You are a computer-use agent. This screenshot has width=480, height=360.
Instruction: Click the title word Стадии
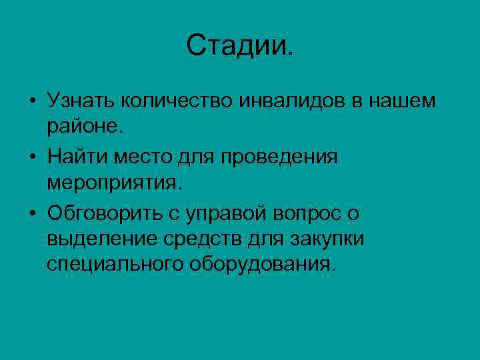[239, 46]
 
